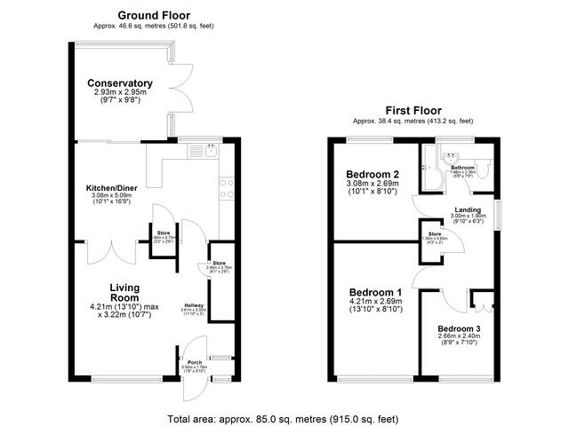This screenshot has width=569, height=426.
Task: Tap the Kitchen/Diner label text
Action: point(110,188)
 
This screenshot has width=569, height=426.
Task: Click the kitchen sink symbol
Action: point(203,152)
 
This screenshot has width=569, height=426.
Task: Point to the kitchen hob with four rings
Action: point(226,188)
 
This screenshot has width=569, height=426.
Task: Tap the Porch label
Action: point(194,362)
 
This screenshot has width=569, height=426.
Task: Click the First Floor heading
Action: point(413,110)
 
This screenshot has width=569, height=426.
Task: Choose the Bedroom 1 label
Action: point(375,292)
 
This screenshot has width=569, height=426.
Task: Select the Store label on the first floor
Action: point(435,235)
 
